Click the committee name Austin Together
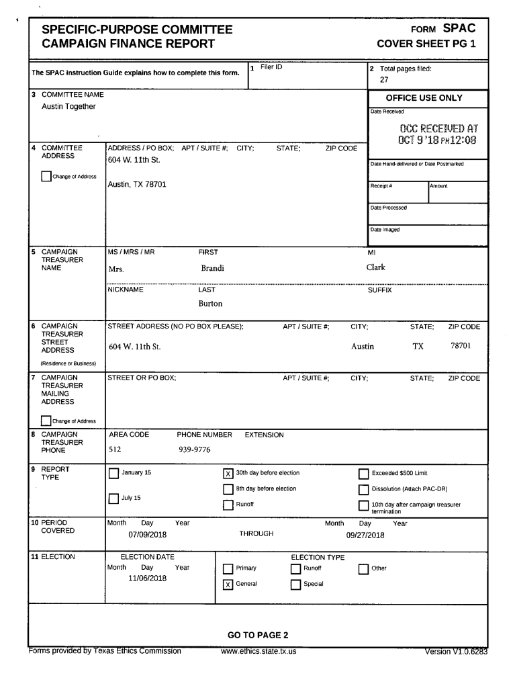coord(68,107)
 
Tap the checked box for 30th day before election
coord(228,473)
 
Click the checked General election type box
coord(228,584)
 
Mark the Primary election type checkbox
coord(228,568)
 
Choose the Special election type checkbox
coord(295,584)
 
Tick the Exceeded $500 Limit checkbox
coord(364,473)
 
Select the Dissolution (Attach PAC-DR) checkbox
coord(364,489)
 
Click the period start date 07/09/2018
coord(147,535)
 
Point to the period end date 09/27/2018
coord(365,535)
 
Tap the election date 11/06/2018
coord(147,578)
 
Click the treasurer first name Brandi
coord(213,269)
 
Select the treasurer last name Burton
coord(210,304)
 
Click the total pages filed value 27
coord(375,79)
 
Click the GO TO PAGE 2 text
coord(258,635)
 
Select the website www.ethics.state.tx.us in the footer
coord(258,651)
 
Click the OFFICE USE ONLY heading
coord(424,98)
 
